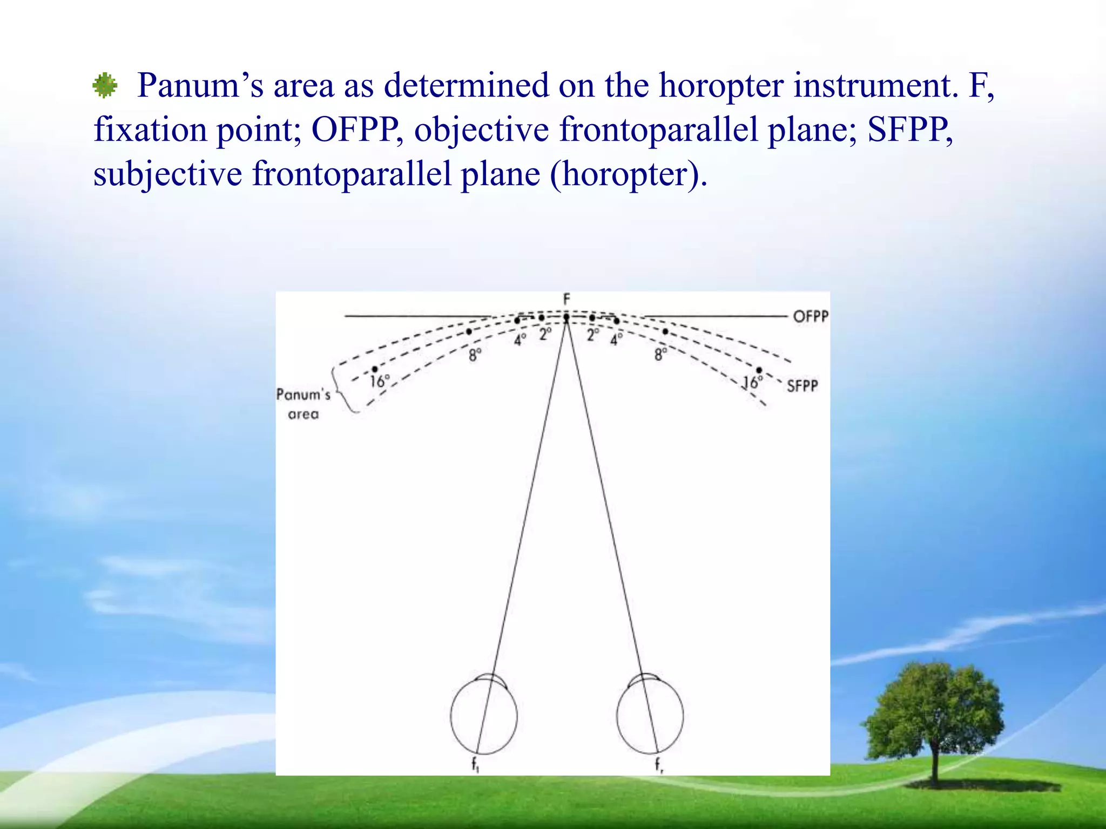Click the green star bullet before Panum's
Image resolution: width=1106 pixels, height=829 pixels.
click(105, 85)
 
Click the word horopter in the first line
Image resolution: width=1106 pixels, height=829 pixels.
click(721, 85)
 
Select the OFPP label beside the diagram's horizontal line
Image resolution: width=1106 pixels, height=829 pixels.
click(810, 316)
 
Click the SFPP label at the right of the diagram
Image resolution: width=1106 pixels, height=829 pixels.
click(802, 386)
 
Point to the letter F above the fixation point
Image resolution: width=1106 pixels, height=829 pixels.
click(567, 300)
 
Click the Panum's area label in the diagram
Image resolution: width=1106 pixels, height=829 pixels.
click(303, 404)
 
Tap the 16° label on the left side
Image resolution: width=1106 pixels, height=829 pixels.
click(380, 382)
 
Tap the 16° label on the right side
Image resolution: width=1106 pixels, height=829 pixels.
click(752, 383)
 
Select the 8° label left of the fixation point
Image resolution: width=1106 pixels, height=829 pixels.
click(475, 355)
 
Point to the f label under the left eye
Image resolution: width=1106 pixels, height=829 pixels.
click(475, 764)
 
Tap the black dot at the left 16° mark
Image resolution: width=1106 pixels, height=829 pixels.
click(374, 369)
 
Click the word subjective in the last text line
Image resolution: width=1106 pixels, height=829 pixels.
click(167, 174)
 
